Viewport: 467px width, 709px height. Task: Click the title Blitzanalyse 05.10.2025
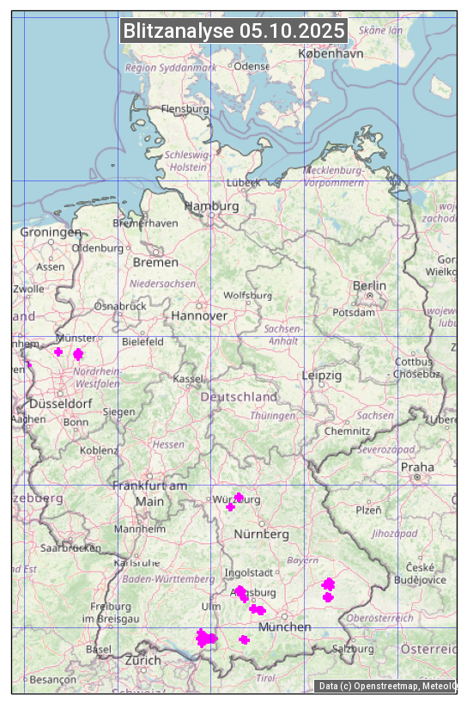(233, 31)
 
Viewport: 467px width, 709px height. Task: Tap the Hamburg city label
(211, 206)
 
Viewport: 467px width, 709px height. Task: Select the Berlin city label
(369, 285)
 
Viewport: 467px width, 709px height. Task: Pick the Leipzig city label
(322, 376)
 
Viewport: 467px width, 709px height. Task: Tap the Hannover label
(199, 315)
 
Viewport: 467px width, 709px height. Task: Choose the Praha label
(417, 467)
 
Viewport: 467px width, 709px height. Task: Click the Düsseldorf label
(60, 403)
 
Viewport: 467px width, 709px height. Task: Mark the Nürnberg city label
(262, 534)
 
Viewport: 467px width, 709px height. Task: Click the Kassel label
(187, 378)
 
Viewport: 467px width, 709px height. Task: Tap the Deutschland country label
(239, 397)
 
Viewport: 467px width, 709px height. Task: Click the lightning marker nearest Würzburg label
(239, 498)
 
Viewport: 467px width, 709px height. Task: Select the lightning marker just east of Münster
(78, 354)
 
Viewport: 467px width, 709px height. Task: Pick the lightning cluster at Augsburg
(241, 593)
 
